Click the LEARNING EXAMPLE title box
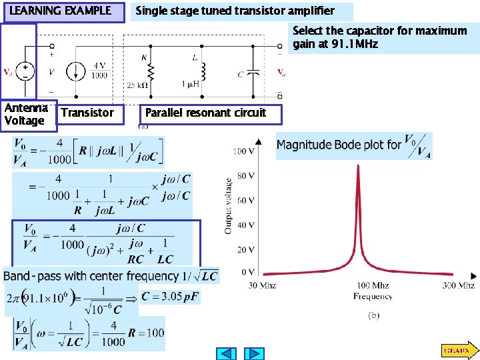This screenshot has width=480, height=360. (63, 11)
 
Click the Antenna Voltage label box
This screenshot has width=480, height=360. (25, 115)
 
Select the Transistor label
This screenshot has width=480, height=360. (87, 113)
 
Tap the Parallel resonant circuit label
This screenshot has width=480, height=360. (206, 113)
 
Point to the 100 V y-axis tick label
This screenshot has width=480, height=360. (243, 151)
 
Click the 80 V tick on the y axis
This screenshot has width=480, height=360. (245, 176)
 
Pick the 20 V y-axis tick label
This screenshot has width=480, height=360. (245, 249)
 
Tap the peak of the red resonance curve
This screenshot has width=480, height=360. (359, 166)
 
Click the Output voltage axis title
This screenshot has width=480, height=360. (228, 205)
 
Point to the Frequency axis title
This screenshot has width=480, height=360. (373, 296)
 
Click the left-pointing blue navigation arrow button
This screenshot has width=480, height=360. (228, 353)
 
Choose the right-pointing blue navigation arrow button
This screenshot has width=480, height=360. (253, 353)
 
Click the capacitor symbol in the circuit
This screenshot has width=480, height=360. (254, 73)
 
